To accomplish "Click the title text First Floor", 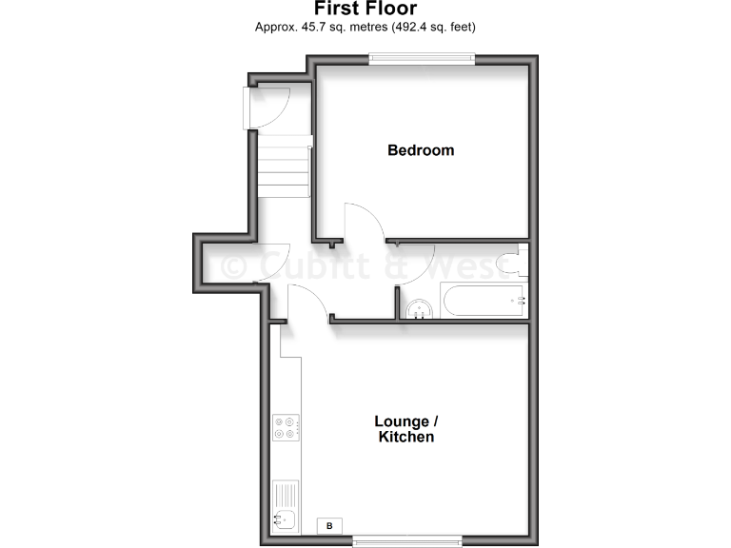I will point(365,10).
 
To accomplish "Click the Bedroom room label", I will point(421,150).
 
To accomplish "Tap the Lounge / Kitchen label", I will point(406,429).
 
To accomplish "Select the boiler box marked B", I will point(330,525).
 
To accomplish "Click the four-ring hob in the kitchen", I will point(286,428).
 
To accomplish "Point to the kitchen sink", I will point(285,519).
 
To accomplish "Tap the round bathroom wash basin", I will point(418,310).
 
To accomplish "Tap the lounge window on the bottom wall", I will point(407,541).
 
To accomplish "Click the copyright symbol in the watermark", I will point(234,267).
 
